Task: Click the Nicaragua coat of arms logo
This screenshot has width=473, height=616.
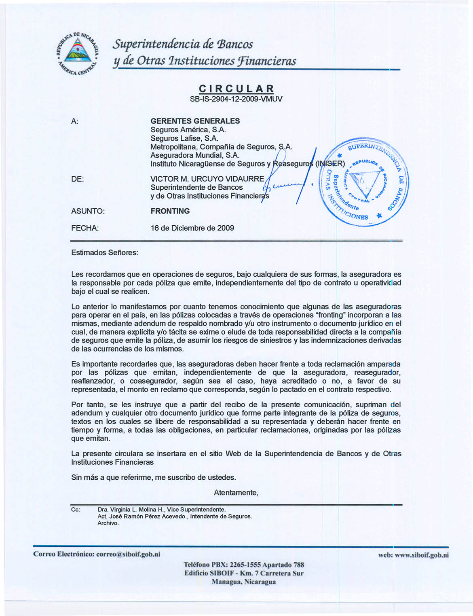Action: click(77, 53)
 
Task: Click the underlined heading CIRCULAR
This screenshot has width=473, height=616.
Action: click(236, 89)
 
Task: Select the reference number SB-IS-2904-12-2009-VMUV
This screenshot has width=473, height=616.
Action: click(236, 99)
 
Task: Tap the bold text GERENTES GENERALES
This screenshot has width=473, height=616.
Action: click(195, 121)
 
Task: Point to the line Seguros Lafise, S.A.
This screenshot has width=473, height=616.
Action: click(184, 138)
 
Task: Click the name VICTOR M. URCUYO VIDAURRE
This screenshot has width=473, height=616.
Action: click(207, 179)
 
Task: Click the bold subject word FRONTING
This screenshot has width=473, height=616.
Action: click(170, 211)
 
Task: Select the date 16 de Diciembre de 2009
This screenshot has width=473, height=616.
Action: click(192, 228)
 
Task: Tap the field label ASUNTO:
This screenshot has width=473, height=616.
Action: click(88, 211)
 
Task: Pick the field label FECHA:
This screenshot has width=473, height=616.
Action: click(85, 228)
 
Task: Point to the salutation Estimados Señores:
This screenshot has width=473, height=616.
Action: click(105, 253)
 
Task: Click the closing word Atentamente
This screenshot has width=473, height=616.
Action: click(236, 493)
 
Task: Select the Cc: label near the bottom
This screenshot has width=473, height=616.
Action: click(75, 509)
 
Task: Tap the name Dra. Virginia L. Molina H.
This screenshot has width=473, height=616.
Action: click(131, 510)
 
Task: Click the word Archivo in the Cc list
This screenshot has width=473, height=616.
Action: click(108, 523)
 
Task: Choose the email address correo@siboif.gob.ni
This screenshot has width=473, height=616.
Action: click(128, 554)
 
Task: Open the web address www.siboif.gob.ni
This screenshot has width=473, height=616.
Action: click(423, 555)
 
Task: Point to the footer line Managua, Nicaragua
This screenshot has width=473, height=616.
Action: click(244, 582)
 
